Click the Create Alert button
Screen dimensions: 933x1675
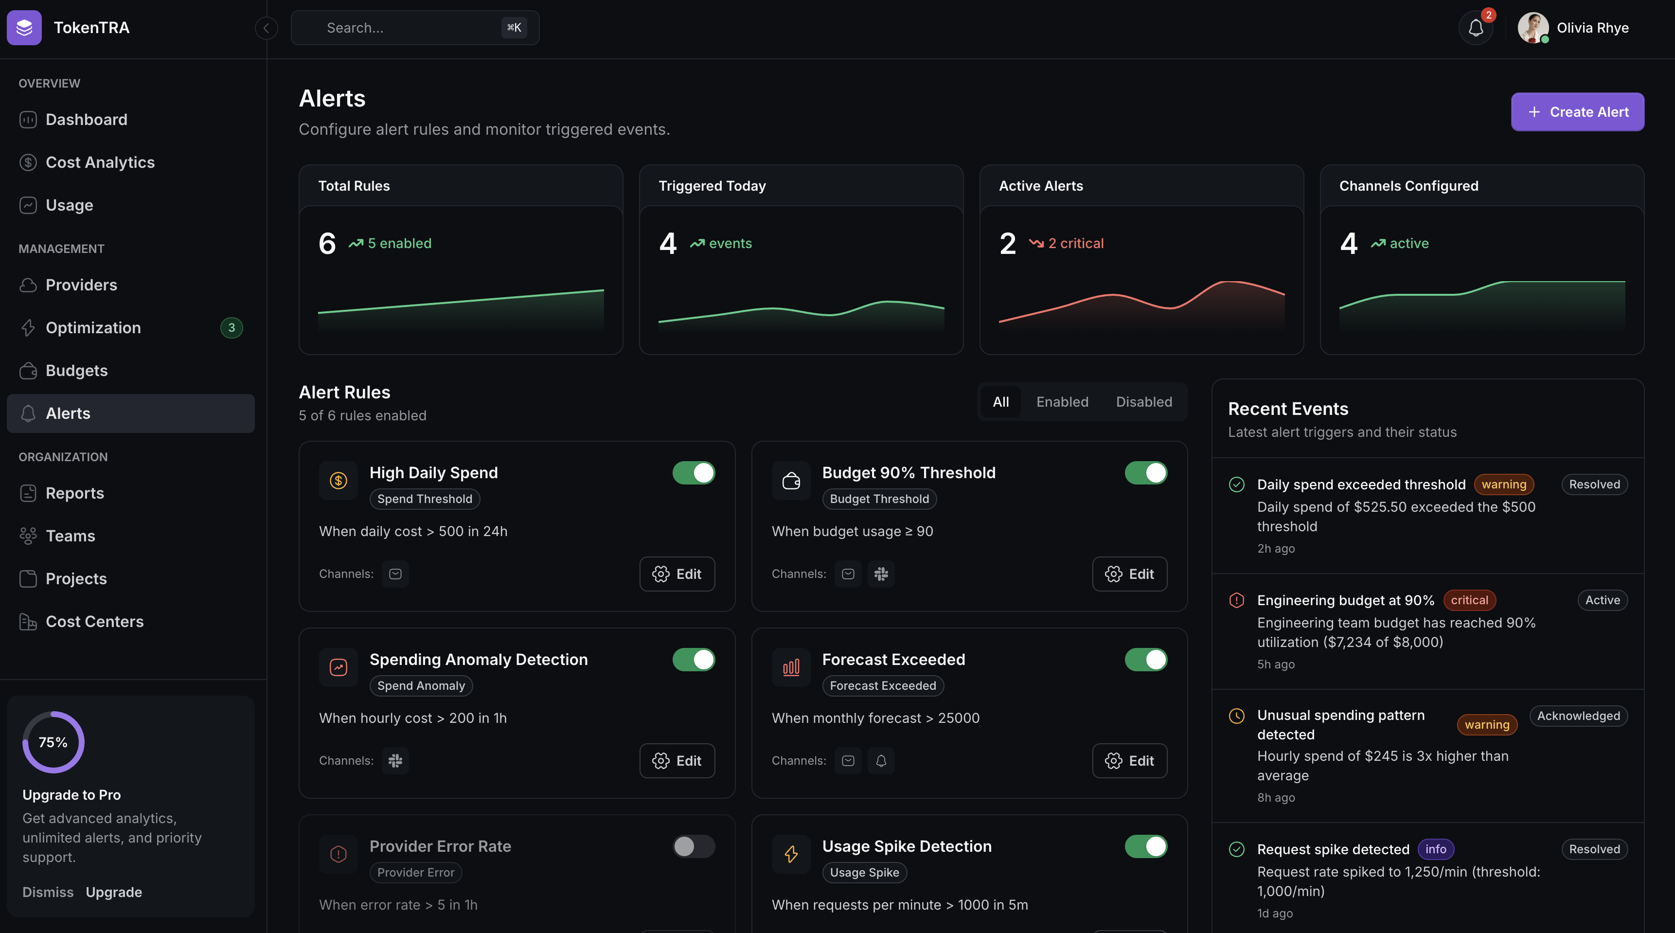(x=1577, y=112)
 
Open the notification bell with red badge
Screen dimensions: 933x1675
(x=1476, y=28)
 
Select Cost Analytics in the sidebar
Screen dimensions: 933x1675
(x=100, y=162)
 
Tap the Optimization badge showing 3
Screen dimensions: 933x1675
(x=232, y=328)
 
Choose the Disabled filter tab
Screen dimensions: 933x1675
(x=1144, y=402)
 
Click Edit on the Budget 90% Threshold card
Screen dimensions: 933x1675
(x=1129, y=574)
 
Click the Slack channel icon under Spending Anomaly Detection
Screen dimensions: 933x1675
(x=395, y=761)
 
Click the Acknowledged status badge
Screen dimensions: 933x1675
(x=1578, y=716)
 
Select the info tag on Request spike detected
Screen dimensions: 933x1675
(x=1436, y=849)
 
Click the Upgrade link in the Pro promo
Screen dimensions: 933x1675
(x=114, y=892)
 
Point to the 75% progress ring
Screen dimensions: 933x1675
(x=53, y=742)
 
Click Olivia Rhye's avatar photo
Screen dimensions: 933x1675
(x=1532, y=28)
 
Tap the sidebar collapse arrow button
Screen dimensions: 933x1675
(x=266, y=28)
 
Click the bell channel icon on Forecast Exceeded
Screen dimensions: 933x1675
(x=881, y=761)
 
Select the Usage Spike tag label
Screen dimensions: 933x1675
(x=864, y=873)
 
